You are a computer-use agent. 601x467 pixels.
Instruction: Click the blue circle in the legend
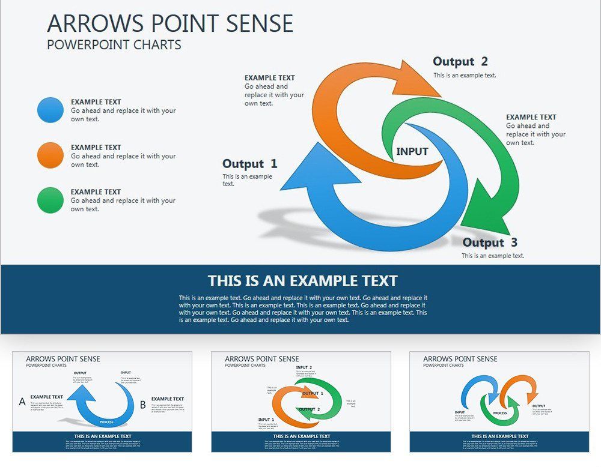(x=50, y=110)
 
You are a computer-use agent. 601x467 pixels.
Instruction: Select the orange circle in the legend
(x=50, y=155)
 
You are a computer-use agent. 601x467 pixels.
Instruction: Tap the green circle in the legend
(x=50, y=200)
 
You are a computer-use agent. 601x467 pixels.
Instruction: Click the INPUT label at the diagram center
(x=412, y=152)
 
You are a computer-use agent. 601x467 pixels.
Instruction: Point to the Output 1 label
(x=250, y=164)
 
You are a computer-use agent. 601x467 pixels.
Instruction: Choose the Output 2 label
(x=460, y=61)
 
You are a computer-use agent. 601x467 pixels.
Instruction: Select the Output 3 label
(x=490, y=243)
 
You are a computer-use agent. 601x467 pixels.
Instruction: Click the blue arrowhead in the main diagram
(x=303, y=172)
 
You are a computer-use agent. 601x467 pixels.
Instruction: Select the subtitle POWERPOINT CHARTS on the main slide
(x=114, y=45)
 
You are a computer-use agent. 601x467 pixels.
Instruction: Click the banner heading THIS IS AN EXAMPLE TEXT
(x=302, y=281)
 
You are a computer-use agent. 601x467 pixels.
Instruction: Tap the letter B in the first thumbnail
(x=143, y=405)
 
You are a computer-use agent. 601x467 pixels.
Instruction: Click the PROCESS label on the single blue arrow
(x=106, y=422)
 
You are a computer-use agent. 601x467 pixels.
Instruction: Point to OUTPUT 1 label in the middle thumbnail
(x=313, y=394)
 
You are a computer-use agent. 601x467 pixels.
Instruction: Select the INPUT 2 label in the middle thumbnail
(x=304, y=367)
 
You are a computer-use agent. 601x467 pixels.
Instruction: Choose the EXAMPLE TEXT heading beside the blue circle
(x=96, y=102)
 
